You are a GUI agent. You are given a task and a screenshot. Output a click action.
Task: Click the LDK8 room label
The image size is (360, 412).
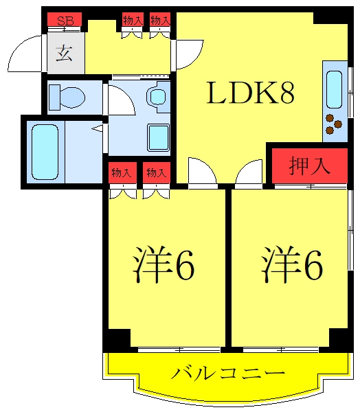click(x=250, y=93)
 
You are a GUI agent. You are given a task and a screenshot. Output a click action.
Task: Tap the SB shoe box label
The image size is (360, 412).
click(x=65, y=21)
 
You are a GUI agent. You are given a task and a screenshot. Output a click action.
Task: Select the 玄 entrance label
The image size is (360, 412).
click(x=64, y=54)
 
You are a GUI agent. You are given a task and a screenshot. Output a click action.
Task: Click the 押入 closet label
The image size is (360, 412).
click(x=309, y=166)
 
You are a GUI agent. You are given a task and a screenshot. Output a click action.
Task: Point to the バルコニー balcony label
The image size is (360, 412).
click(x=227, y=372)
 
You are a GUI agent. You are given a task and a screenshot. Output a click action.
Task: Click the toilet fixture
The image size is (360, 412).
click(x=67, y=98)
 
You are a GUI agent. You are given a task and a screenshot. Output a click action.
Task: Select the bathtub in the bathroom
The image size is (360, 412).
click(x=45, y=152)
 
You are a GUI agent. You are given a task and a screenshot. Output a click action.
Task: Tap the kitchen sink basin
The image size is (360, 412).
click(x=334, y=89)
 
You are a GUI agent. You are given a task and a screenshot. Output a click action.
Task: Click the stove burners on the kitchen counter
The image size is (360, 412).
click(x=333, y=124)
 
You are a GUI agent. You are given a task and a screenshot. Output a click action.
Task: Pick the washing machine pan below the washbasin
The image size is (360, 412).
click(x=158, y=138)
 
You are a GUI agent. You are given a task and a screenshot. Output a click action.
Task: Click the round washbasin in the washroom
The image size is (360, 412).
click(x=157, y=96)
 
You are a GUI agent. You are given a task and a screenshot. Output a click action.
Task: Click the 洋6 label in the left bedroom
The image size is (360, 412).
click(x=164, y=264)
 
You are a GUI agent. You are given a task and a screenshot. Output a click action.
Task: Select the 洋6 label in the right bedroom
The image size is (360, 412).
click(x=292, y=264)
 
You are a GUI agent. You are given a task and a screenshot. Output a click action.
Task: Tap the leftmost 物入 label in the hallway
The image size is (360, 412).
click(x=133, y=20)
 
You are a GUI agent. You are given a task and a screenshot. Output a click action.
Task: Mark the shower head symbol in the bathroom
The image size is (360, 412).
click(x=98, y=128)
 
